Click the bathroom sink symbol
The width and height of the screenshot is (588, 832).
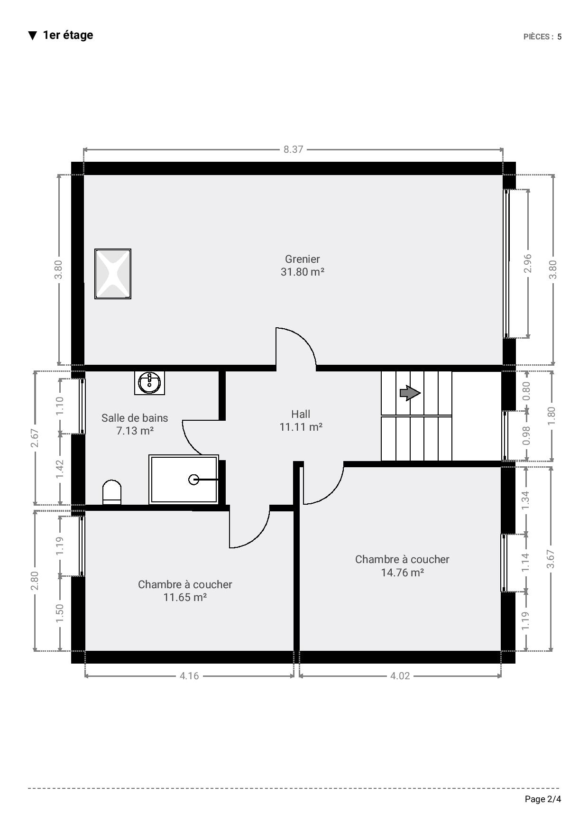pos(149,382)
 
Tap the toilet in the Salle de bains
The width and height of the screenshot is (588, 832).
pos(112,492)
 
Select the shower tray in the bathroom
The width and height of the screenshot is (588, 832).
pos(184,480)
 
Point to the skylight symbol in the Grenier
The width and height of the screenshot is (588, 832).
pos(113,274)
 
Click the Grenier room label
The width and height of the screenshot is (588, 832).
pos(303,259)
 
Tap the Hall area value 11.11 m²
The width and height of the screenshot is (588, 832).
pos(301,427)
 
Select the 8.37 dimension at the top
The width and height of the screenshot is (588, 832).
pos(294,149)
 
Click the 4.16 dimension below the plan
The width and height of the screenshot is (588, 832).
pos(189,675)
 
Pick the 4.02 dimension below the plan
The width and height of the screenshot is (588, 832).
pos(400,675)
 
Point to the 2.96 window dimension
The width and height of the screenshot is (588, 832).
pos(527,263)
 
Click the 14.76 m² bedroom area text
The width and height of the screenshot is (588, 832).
pos(403,573)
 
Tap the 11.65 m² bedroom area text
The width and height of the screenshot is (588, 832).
pos(185,597)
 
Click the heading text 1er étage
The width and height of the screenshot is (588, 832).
pos(68,35)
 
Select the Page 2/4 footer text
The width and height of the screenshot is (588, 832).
pos(543,799)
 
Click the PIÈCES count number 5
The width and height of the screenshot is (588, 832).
pos(560,37)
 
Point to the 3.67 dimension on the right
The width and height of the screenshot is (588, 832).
pos(551,559)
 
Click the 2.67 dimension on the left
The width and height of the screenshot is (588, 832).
pos(35,438)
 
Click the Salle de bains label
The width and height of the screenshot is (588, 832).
pos(135,418)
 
